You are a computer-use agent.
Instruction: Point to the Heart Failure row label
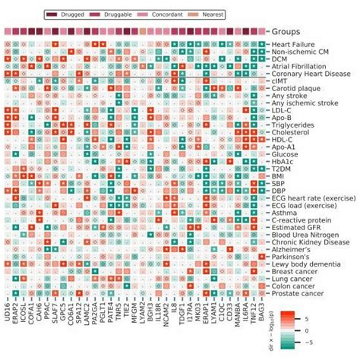click(295, 45)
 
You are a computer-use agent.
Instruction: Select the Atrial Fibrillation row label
click(302, 67)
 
